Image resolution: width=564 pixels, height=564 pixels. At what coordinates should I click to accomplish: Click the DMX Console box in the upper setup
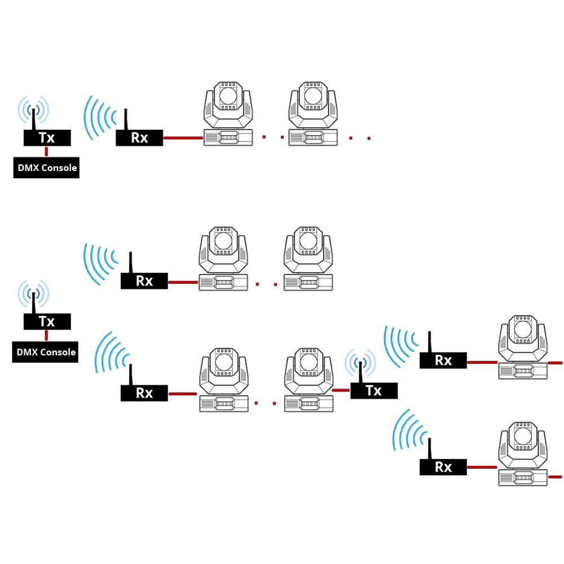[46, 168]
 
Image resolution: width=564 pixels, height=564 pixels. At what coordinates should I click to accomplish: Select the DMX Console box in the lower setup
[45, 352]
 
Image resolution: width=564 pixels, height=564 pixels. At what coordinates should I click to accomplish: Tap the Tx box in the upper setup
[47, 138]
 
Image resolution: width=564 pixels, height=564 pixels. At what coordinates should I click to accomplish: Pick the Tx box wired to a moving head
[374, 391]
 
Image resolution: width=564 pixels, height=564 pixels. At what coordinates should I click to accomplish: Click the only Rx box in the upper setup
[139, 138]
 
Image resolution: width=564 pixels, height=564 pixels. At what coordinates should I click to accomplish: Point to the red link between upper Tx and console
[46, 151]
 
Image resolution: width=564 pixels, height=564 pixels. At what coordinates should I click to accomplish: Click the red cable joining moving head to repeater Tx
[341, 390]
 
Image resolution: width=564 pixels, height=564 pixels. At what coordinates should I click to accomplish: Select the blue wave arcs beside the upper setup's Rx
[100, 118]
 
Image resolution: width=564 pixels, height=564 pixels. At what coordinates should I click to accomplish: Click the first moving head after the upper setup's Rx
[228, 114]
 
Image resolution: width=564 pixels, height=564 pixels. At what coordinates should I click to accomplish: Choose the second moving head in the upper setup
[313, 114]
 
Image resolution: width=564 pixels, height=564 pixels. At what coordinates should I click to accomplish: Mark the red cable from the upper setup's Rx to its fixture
[183, 138]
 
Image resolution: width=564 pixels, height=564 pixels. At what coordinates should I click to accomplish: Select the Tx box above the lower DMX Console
[47, 321]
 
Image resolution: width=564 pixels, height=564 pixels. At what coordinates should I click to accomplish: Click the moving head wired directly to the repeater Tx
[309, 380]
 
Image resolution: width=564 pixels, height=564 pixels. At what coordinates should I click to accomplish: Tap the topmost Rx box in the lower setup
[144, 281]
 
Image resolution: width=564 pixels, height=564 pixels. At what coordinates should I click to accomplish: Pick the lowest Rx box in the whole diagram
[443, 467]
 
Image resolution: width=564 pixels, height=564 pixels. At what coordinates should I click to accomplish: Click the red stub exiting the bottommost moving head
[555, 477]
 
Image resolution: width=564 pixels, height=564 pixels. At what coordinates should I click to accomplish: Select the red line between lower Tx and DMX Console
[46, 336]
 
